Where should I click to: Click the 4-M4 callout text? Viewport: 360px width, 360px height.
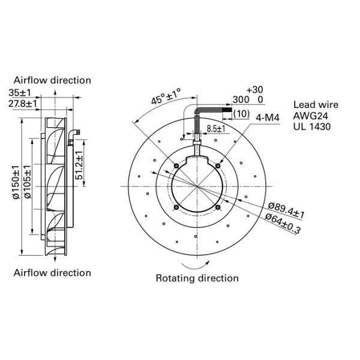click(x=269, y=117)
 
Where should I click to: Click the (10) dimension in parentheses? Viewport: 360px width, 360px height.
click(x=241, y=113)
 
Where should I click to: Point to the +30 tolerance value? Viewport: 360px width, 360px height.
click(x=254, y=89)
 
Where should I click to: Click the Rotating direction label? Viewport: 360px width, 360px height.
click(x=197, y=278)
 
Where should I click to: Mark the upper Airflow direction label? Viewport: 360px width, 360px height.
click(x=52, y=80)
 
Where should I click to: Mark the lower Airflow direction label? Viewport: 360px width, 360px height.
click(x=52, y=272)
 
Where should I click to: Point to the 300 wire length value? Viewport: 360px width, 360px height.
click(x=240, y=100)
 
